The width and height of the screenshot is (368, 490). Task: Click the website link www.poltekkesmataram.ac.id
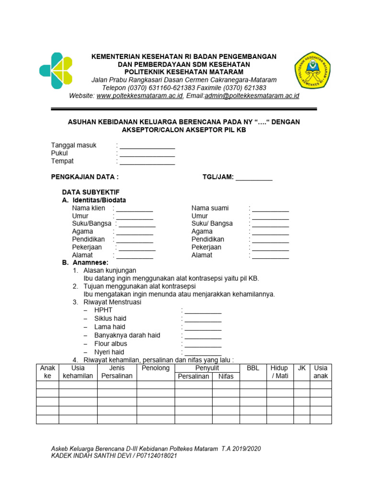pos(139,96)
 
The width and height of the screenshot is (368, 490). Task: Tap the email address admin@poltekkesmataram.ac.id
pos(252,96)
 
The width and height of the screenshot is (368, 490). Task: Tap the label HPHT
pos(103,310)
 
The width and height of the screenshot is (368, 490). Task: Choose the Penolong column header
pos(156,368)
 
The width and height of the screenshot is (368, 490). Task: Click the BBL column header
pos(253,368)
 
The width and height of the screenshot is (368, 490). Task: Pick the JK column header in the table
pos(301,368)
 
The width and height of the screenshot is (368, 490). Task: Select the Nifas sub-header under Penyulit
pos(226,376)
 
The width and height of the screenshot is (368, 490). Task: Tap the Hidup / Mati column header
pos(279,372)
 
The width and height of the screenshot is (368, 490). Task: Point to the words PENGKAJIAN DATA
pos(84,177)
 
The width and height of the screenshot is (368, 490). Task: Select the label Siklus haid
pos(110,319)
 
